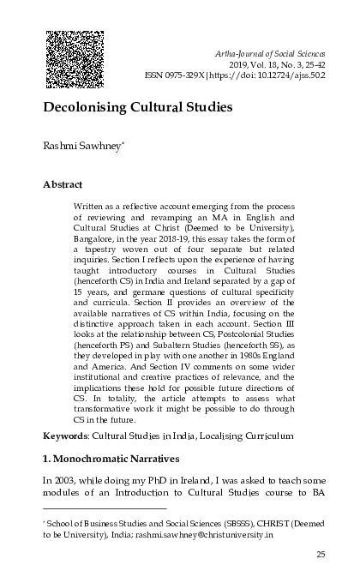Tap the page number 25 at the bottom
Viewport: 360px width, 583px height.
coord(321,555)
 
